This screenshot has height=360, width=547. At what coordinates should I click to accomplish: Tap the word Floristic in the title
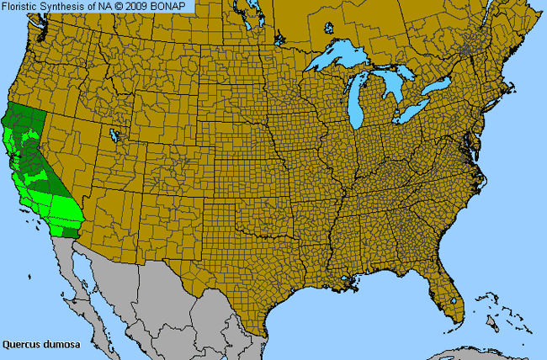tap(21, 6)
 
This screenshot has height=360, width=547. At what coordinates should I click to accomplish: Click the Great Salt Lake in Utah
tap(115, 135)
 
